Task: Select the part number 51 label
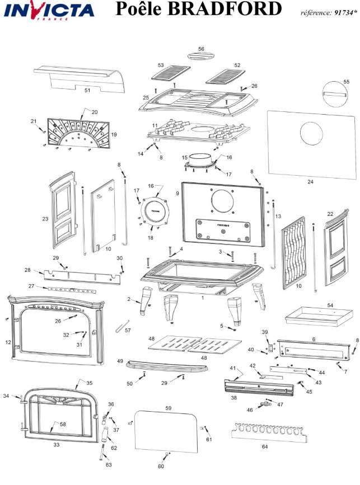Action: pyautogui.click(x=87, y=90)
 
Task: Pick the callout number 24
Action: pyautogui.click(x=310, y=182)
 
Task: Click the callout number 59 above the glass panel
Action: pyautogui.click(x=168, y=408)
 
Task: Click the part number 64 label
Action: pyautogui.click(x=265, y=447)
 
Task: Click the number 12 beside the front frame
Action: pyautogui.click(x=8, y=342)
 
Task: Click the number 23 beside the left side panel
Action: pyautogui.click(x=45, y=219)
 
